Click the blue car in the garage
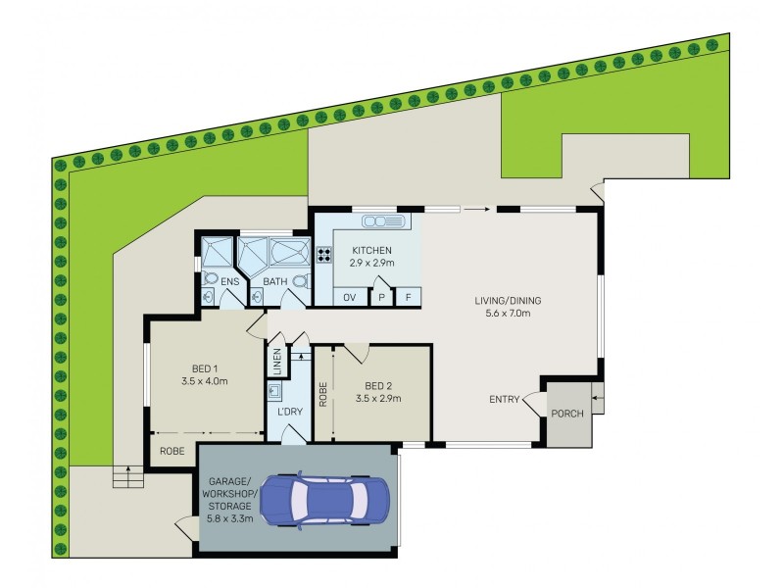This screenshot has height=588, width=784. [x=325, y=501]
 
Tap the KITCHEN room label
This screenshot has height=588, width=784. [x=371, y=250]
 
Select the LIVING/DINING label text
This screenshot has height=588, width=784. [x=508, y=301]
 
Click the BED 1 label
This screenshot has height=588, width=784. [x=205, y=369]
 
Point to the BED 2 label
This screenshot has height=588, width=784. [x=378, y=386]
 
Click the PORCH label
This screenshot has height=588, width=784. [x=567, y=414]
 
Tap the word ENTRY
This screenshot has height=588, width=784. [x=505, y=400]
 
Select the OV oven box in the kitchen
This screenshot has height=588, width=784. [x=350, y=297]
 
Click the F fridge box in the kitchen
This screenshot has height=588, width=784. [x=408, y=298]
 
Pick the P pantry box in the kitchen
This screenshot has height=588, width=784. [x=381, y=298]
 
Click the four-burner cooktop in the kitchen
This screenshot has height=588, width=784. [x=323, y=255]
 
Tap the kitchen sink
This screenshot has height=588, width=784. [x=384, y=221]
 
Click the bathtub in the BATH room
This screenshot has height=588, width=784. [x=290, y=252]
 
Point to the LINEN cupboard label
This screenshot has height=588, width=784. [x=277, y=362]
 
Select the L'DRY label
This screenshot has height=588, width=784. [x=290, y=412]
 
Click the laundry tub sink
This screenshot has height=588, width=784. [x=275, y=391]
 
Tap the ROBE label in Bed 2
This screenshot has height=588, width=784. [x=323, y=395]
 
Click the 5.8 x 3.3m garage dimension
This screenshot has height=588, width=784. [x=230, y=518]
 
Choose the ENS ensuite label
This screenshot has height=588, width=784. [x=230, y=281]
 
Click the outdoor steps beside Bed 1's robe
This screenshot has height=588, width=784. [x=128, y=476]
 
